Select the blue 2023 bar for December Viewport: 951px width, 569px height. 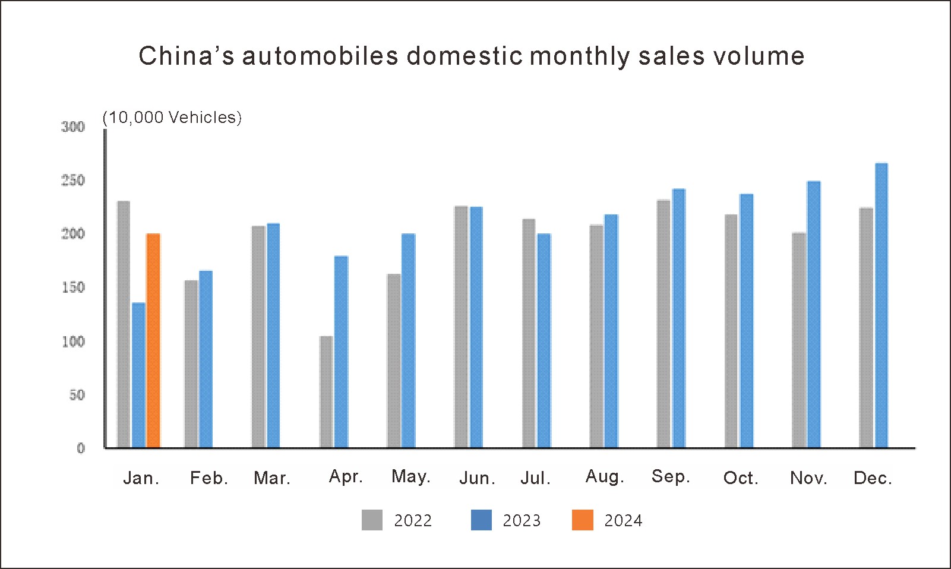[x=882, y=305]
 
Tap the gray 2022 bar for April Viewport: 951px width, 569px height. [x=326, y=391]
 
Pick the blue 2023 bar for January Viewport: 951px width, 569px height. [x=138, y=375]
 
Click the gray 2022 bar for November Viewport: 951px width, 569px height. [x=799, y=340]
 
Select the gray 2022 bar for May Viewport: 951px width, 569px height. [x=394, y=361]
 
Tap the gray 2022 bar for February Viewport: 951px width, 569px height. [x=191, y=363]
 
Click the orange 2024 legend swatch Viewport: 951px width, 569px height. [x=582, y=520]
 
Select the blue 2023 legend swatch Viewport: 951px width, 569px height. [x=481, y=520]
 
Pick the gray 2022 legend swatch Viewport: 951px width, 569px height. [x=372, y=520]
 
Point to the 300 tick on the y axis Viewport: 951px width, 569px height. [x=73, y=127]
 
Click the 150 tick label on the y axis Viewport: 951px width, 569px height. [x=73, y=287]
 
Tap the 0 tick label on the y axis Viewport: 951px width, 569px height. [x=81, y=448]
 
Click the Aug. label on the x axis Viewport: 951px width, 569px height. [x=605, y=476]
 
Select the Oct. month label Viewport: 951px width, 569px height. [x=741, y=478]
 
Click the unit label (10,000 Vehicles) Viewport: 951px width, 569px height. [x=172, y=118]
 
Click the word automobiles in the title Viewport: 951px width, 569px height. [x=320, y=56]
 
